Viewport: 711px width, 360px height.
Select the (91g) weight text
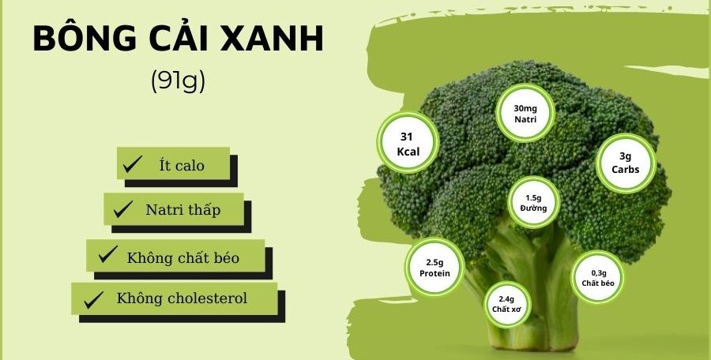pos(177,81)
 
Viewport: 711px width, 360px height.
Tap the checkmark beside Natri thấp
pos(122,210)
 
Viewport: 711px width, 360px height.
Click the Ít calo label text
pos(181,165)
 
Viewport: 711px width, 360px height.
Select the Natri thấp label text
pos(182,210)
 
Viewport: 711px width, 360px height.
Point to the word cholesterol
pos(206,298)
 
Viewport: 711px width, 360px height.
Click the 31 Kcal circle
pos(407,143)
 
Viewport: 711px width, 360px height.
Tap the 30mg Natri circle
pos(525,113)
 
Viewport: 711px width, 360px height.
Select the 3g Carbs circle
pos(625,163)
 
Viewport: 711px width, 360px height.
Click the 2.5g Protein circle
pos(434,268)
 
